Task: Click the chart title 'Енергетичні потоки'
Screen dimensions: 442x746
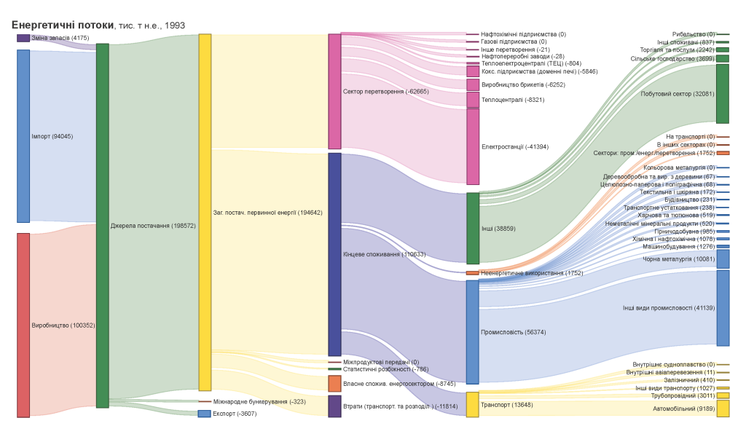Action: click(x=63, y=25)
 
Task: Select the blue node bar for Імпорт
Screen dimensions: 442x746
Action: click(x=23, y=135)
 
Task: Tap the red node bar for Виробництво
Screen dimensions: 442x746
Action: click(x=23, y=325)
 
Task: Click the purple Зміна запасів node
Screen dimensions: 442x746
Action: click(x=23, y=38)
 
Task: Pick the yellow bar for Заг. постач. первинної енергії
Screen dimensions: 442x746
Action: click(x=205, y=212)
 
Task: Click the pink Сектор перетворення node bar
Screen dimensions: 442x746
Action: click(x=334, y=91)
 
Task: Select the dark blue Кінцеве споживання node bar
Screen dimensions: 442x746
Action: click(x=334, y=253)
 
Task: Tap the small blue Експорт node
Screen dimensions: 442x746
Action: click(x=205, y=414)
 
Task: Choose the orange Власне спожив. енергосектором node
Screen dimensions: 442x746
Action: click(x=334, y=384)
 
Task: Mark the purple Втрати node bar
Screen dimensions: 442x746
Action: click(x=334, y=406)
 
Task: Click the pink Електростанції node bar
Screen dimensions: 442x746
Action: click(x=473, y=146)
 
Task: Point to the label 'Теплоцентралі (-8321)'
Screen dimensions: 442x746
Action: click(x=513, y=100)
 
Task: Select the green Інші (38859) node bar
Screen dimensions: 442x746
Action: click(x=473, y=228)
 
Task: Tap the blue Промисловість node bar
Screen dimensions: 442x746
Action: click(x=473, y=332)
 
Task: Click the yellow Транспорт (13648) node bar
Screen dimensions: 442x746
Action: click(x=473, y=405)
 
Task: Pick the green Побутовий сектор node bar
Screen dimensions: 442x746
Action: click(x=723, y=94)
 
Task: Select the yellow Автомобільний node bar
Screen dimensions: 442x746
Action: click(x=723, y=409)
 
